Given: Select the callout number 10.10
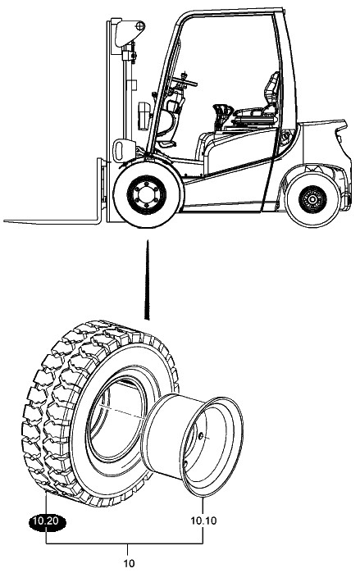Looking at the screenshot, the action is pyautogui.click(x=203, y=521).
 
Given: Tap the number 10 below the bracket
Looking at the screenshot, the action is pyautogui.click(x=129, y=563).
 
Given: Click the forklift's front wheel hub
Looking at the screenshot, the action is pyautogui.click(x=146, y=195).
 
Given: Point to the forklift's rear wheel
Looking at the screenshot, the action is pyautogui.click(x=313, y=199).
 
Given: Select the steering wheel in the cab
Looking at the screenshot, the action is pyautogui.click(x=185, y=79).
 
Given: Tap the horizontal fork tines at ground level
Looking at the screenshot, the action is pyautogui.click(x=51, y=221).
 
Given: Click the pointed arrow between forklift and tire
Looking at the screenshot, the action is pyautogui.click(x=148, y=280).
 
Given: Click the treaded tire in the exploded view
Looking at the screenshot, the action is pyautogui.click(x=98, y=413).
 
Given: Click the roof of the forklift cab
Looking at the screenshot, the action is pyautogui.click(x=230, y=12).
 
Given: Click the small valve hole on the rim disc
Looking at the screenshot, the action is pyautogui.click(x=200, y=435).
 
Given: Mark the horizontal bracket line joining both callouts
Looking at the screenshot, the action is pyautogui.click(x=125, y=543).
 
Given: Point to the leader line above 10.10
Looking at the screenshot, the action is pyautogui.click(x=203, y=506).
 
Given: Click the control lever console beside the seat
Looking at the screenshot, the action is pyautogui.click(x=223, y=115).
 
